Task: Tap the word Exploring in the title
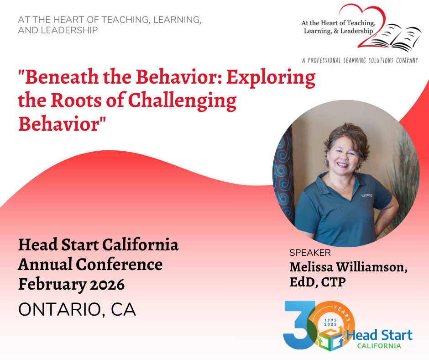271,78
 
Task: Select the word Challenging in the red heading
182,101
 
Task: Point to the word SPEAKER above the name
310,253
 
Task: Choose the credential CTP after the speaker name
333,282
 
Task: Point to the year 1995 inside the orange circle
330,320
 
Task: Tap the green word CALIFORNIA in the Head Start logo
379,346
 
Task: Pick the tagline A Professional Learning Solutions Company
360,60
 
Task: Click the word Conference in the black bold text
119,265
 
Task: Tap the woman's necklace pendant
343,190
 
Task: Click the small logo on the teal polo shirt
367,196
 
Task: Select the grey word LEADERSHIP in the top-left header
69,30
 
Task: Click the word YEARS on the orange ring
342,312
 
